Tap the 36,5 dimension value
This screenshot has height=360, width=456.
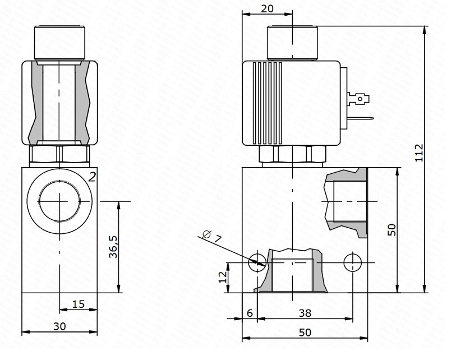tap(113, 247)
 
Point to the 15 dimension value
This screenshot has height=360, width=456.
tap(78, 304)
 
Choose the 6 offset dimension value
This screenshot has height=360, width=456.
tap(250, 313)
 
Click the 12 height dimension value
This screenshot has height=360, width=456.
tap(223, 276)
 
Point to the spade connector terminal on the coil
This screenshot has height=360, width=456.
tap(360, 100)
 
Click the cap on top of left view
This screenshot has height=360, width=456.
tap(59, 42)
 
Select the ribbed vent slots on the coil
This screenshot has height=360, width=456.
tap(267, 101)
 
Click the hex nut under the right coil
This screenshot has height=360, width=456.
tap(293, 154)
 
